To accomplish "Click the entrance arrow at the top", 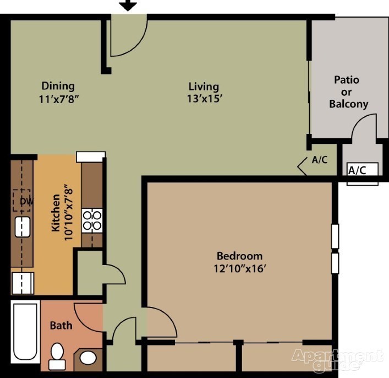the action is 128,5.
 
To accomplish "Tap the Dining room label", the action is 58,86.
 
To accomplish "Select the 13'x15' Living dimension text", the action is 204,99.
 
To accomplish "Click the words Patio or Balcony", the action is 348,92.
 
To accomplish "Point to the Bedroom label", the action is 239,256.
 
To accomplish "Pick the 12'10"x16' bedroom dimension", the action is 240,269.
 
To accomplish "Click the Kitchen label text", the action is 56,213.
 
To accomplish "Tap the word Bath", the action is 61,325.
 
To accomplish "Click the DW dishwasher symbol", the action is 22,201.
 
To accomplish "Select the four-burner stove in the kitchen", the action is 92,221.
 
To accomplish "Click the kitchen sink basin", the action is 23,227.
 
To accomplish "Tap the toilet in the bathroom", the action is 57,356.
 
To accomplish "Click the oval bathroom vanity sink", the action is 88,358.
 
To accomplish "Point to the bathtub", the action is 25,332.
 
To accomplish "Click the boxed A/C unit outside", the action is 363,170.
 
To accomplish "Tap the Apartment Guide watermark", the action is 337,360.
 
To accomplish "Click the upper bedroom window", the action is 335,236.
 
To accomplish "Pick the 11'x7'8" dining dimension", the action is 59,99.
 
